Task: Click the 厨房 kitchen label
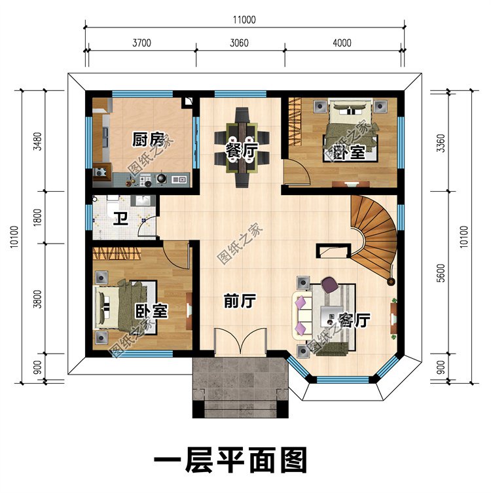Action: pyautogui.click(x=147, y=139)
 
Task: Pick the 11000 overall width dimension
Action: pyautogui.click(x=243, y=20)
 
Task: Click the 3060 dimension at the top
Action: pyautogui.click(x=240, y=43)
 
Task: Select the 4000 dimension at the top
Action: pyautogui.click(x=342, y=43)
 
